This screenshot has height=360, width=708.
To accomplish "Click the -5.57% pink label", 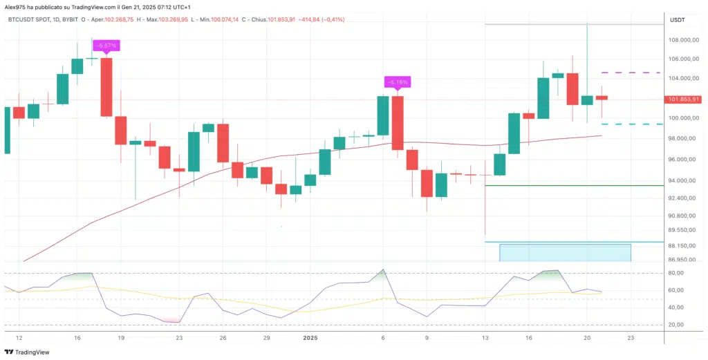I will click(x=106, y=46).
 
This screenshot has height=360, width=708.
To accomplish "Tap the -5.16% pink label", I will click(x=398, y=82).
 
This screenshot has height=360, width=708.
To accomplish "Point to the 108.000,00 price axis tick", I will click(x=682, y=40).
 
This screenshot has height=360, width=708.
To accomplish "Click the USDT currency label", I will click(x=677, y=20).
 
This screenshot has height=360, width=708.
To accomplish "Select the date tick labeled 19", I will click(x=120, y=338).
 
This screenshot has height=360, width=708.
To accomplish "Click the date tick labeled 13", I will click(x=485, y=338).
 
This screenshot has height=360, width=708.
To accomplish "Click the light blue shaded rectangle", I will click(x=566, y=252).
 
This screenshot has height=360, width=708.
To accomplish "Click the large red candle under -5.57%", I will click(x=106, y=87).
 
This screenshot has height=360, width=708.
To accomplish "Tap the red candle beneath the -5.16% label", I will click(x=398, y=122).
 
